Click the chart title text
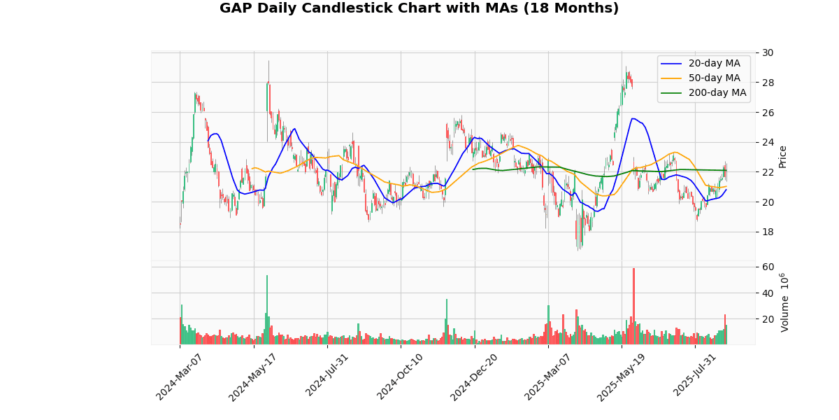click(419, 8)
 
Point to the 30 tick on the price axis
click(768, 52)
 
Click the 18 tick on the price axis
click(768, 232)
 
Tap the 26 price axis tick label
click(768, 112)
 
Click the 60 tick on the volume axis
click(768, 267)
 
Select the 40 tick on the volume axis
click(768, 293)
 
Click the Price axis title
click(782, 156)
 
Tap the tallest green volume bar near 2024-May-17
click(266, 310)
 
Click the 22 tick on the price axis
click(768, 172)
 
